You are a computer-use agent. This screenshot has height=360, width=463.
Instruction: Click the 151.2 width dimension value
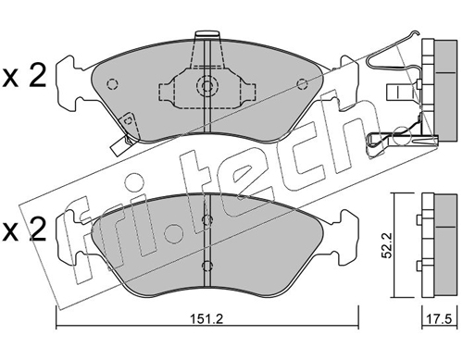(206, 319)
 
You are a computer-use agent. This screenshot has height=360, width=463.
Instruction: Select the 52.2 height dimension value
(387, 245)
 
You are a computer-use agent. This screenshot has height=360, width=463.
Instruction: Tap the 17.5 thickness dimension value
(439, 319)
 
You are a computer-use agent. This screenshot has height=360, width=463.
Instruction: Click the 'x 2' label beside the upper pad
(24, 76)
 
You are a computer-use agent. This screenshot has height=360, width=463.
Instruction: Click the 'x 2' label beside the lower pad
(24, 230)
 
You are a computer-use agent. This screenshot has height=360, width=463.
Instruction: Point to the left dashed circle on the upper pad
(112, 84)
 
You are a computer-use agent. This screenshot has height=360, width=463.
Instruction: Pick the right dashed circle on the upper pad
(302, 84)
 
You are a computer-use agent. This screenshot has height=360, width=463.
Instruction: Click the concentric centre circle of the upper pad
(207, 85)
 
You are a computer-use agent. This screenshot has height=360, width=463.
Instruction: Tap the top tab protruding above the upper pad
(207, 34)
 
